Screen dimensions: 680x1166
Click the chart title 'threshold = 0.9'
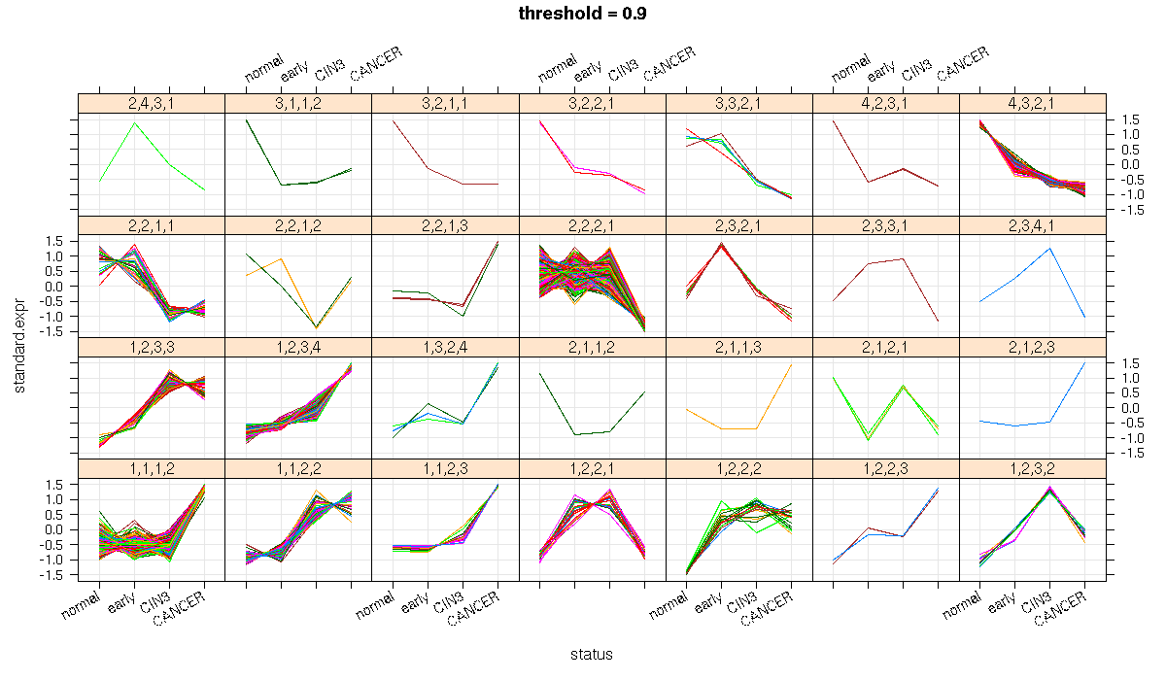coord(583,14)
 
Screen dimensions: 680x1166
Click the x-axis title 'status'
coord(592,655)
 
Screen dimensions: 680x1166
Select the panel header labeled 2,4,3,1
coord(151,104)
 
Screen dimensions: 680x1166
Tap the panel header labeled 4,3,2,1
coord(1032,104)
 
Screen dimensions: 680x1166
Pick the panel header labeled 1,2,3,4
coord(297,347)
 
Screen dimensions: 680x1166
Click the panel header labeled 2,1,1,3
coord(738,347)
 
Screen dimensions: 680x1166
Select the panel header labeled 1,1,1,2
coord(151,468)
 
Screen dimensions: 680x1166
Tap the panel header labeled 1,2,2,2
coord(738,468)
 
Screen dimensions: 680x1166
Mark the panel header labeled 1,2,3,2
coord(1032,468)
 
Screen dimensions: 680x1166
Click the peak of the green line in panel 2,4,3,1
coord(134,122)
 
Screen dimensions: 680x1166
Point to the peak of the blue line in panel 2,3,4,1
coord(1049,249)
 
